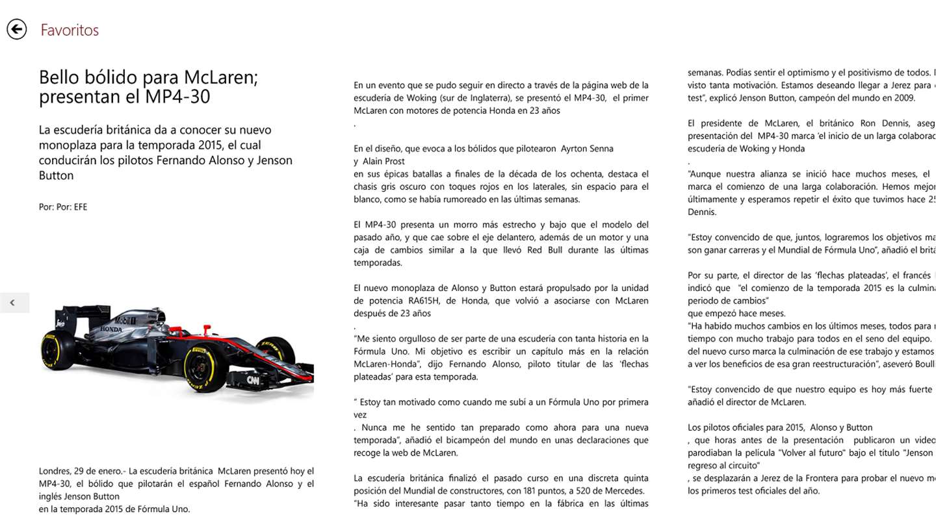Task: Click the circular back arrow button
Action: pos(17,29)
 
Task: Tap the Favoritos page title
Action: pos(70,30)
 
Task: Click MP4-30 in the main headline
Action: pos(174,97)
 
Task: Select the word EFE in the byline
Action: pos(81,207)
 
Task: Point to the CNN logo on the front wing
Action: pos(253,380)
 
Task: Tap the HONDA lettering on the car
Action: pos(110,329)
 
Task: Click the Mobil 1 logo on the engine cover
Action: pos(123,321)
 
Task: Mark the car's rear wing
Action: pos(75,314)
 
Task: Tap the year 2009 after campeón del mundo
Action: pos(905,98)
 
